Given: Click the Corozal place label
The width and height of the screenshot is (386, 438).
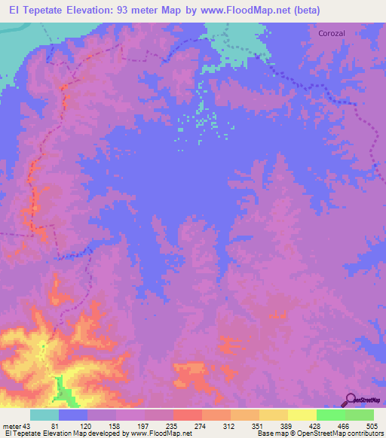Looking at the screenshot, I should click(x=332, y=34).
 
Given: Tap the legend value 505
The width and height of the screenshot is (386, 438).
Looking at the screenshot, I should click(x=374, y=425).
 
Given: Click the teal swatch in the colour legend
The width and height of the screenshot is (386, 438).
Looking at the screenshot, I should click(x=44, y=415).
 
